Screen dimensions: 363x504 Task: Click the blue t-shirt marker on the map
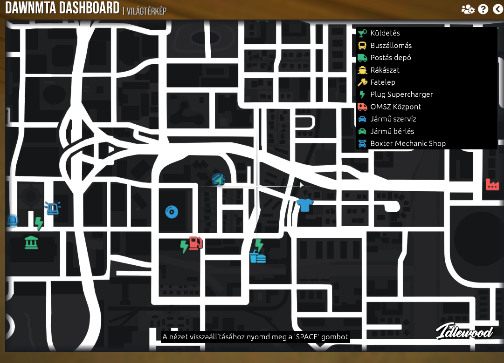pos(304,205)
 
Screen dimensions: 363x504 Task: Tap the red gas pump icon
pos(196,243)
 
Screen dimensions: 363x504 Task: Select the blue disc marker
pos(172,212)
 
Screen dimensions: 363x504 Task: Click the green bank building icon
pos(31,242)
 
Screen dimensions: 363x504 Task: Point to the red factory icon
pos(492,184)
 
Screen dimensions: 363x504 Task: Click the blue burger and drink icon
pos(257,256)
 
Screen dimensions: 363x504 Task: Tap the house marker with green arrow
pos(218,179)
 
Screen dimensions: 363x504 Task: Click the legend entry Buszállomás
pos(391,46)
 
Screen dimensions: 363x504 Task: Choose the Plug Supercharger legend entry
pos(401,94)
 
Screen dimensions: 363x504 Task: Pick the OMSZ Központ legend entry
pos(395,107)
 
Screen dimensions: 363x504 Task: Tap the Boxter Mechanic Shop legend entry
pos(407,143)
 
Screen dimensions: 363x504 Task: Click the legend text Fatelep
pos(382,82)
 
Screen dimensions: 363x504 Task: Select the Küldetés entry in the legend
pos(385,33)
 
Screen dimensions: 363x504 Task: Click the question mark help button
pos(483,9)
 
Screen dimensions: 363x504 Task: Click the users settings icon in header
pos(468,9)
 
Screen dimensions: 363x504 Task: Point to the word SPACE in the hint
pos(306,336)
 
